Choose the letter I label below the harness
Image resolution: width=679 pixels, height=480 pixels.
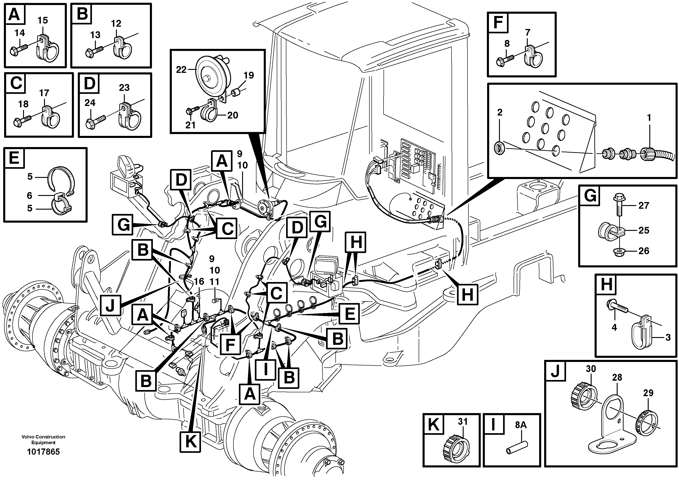[266, 369]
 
